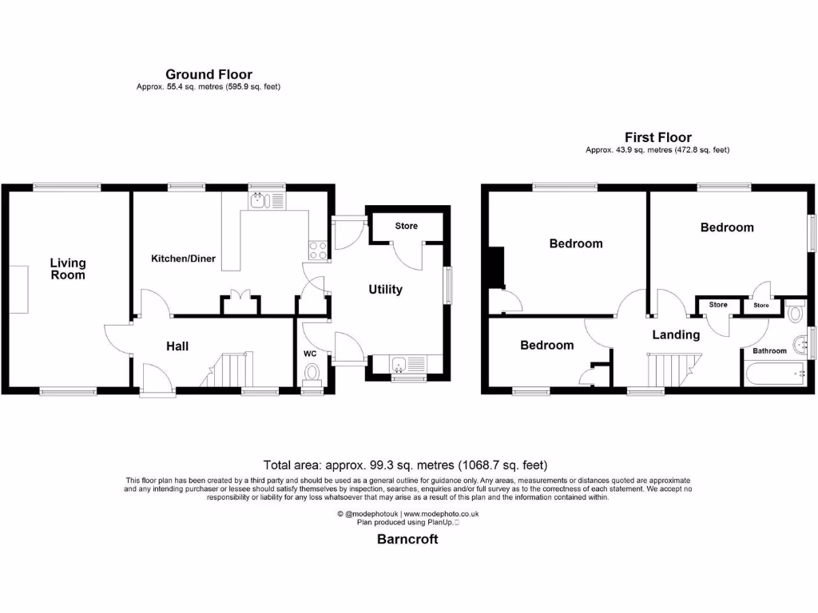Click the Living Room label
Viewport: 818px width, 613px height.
[68, 268]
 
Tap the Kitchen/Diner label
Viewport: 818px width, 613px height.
[184, 259]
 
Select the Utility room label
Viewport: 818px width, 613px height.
[385, 290]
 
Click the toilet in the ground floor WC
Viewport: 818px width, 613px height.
[312, 372]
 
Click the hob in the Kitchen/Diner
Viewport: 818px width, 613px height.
[317, 250]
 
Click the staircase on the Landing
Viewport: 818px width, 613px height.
[667, 370]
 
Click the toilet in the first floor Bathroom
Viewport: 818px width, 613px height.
[796, 313]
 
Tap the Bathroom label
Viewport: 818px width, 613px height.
[769, 350]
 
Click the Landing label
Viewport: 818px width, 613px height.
[676, 334]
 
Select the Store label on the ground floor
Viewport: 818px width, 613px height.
[407, 226]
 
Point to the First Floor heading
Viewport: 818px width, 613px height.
[657, 138]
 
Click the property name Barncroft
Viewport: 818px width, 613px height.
[407, 539]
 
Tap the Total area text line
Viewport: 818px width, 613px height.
[406, 465]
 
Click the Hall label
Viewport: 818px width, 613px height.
[177, 346]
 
